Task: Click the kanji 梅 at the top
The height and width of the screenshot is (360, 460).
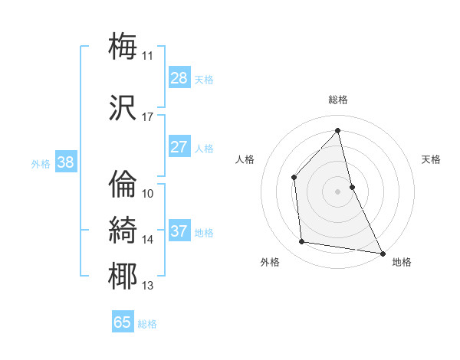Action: click(123, 45)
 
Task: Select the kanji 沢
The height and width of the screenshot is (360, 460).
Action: click(123, 108)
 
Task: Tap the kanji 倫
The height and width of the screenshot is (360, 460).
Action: click(123, 184)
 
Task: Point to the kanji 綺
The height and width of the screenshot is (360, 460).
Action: click(123, 230)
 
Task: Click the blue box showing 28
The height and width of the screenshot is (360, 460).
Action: click(179, 77)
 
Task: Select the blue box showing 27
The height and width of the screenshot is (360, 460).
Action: click(179, 147)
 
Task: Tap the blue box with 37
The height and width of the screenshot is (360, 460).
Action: click(179, 231)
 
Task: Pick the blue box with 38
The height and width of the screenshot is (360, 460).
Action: click(65, 162)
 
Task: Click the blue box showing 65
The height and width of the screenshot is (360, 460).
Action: click(123, 322)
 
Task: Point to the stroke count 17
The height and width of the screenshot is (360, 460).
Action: click(147, 117)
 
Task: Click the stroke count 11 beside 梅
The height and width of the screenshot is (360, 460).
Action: click(147, 55)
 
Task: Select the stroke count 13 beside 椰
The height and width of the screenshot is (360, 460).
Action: click(147, 286)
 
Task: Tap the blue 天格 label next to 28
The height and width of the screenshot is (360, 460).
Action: click(204, 79)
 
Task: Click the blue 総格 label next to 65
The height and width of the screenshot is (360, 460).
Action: click(147, 324)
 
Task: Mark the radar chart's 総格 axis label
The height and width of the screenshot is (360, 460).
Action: click(337, 100)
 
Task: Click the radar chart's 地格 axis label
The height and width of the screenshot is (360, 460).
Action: click(402, 262)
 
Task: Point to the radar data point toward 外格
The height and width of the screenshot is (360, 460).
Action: click(302, 242)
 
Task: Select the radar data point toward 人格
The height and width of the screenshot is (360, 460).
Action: click(294, 178)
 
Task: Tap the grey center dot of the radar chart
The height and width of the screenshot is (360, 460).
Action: click(337, 191)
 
